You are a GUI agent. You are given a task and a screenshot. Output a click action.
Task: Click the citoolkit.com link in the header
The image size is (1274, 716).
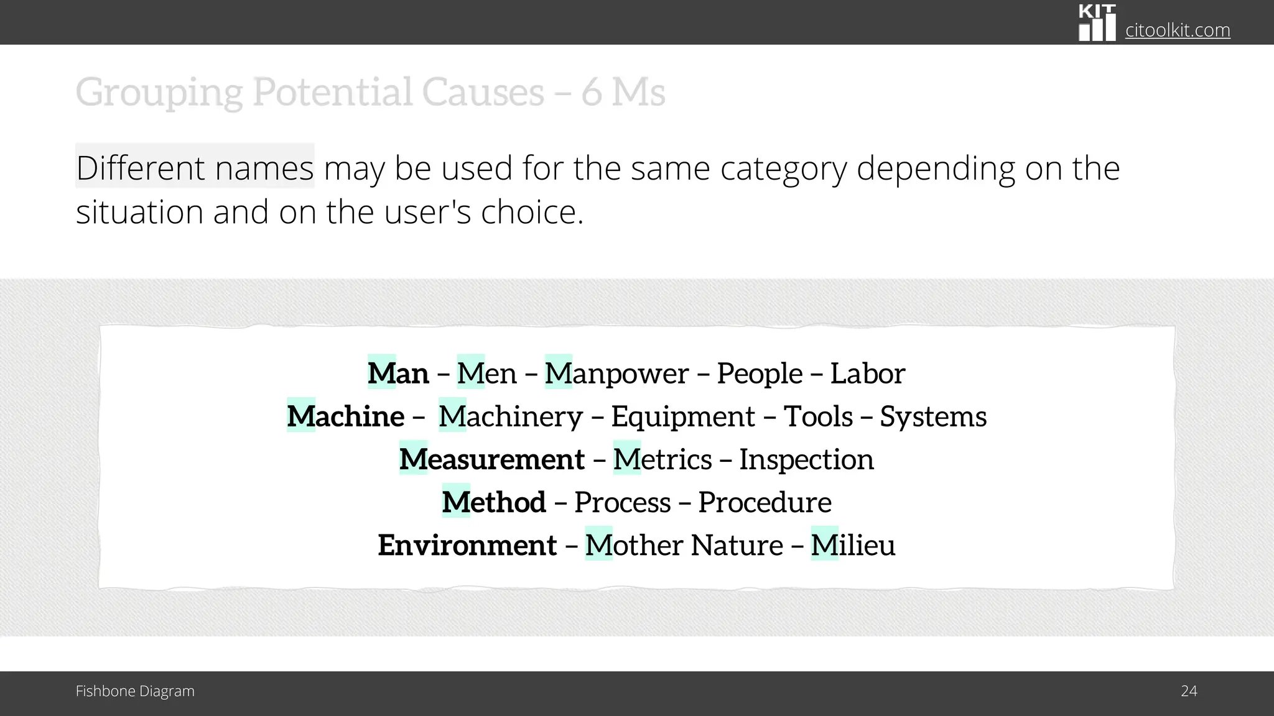point(1177,30)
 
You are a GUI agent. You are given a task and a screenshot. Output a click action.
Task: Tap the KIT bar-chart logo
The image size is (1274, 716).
point(1097,24)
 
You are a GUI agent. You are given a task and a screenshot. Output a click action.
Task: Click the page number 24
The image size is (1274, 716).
point(1189,691)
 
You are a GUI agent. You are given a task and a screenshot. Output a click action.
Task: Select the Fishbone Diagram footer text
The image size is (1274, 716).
point(135,691)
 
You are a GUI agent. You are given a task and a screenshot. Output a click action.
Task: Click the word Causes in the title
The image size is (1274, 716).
point(483,92)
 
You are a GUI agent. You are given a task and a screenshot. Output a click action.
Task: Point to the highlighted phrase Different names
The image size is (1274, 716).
point(195,168)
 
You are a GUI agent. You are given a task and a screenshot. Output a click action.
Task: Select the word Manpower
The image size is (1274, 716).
point(616,374)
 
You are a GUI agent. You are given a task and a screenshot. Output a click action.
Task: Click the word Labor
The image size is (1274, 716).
point(867,374)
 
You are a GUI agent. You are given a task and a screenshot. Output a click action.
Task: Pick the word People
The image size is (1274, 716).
point(759,374)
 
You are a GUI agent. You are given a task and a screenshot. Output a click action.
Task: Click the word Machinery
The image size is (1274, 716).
point(510,416)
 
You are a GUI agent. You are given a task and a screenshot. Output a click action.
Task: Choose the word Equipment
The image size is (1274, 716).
point(683,416)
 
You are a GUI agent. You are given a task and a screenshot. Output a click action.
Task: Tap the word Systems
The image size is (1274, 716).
point(933,416)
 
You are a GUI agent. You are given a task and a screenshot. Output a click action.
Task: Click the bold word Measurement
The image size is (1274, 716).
point(491,459)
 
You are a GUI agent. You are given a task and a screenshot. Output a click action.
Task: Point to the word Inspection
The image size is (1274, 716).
point(806,459)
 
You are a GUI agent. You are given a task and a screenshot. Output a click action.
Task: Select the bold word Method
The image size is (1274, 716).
point(494,502)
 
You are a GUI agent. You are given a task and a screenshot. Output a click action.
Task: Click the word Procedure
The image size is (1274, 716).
point(765,502)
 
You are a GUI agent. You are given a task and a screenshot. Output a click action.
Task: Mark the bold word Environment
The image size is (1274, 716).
point(467,545)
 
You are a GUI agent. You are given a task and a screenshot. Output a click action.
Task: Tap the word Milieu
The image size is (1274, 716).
point(853,545)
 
